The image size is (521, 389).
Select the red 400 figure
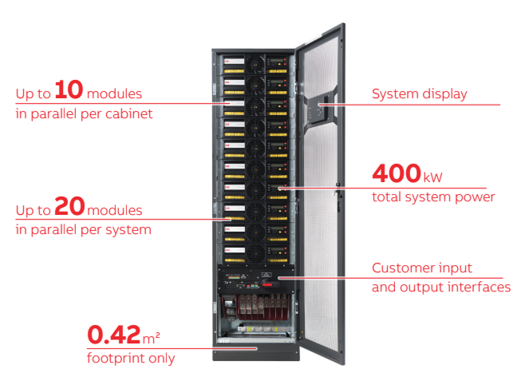click(396, 173)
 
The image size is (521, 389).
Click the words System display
click(420, 93)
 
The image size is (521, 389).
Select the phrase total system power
click(433, 196)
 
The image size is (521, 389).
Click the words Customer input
click(422, 268)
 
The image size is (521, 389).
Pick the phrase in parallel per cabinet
click(84, 113)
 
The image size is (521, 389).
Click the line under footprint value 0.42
click(172, 348)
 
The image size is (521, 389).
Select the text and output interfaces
click(441, 287)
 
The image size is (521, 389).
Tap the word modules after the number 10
click(114, 93)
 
